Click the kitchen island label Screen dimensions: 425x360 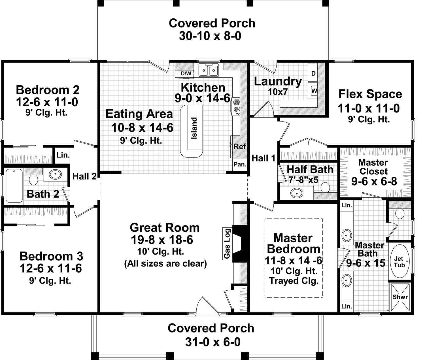click(194, 128)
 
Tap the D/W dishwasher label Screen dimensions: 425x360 click(186, 73)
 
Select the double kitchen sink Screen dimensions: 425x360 click(209, 70)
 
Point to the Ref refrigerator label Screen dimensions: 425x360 click(239, 147)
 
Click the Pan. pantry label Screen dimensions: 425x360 click(240, 164)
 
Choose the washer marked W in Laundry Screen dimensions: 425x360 click(313, 91)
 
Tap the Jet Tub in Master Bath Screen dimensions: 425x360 click(399, 261)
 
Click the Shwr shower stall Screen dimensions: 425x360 click(400, 297)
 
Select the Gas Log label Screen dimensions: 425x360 click(227, 244)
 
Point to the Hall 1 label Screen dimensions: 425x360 click(263, 158)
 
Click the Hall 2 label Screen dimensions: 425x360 click(84, 176)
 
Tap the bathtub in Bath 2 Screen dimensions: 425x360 click(14, 186)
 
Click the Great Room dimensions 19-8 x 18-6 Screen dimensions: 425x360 click(162, 240)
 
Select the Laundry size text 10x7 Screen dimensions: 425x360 click(278, 92)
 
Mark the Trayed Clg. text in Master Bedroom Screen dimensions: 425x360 click(294, 281)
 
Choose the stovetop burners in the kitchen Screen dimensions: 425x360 click(236, 106)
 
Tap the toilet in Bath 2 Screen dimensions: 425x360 click(33, 178)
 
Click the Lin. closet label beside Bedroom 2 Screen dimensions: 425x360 click(63, 155)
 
